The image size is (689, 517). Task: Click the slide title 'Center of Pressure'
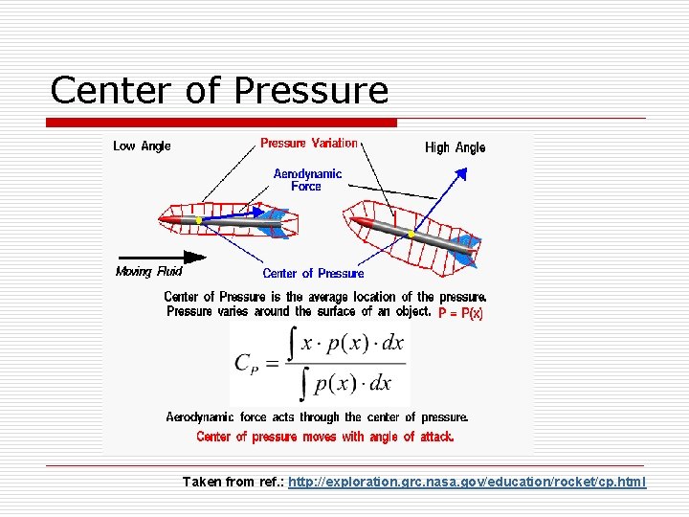219,90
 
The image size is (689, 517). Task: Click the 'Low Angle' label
142,146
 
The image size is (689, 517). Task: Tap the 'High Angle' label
455,147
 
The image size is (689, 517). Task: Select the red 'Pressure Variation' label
308,144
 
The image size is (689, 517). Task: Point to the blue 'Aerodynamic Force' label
307,180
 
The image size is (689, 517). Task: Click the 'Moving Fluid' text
148,271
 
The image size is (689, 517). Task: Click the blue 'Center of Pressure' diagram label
313,273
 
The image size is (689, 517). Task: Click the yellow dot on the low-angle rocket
198,221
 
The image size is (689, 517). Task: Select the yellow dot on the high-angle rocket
411,234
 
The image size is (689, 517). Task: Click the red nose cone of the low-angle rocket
168,220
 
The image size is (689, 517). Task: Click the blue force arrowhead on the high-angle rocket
462,174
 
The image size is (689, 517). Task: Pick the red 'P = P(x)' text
461,313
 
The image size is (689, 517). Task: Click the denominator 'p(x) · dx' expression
353,383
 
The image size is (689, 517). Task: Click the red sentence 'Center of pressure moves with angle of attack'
324,437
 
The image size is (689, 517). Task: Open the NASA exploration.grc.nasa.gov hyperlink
467,482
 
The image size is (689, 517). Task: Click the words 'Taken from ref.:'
233,482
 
